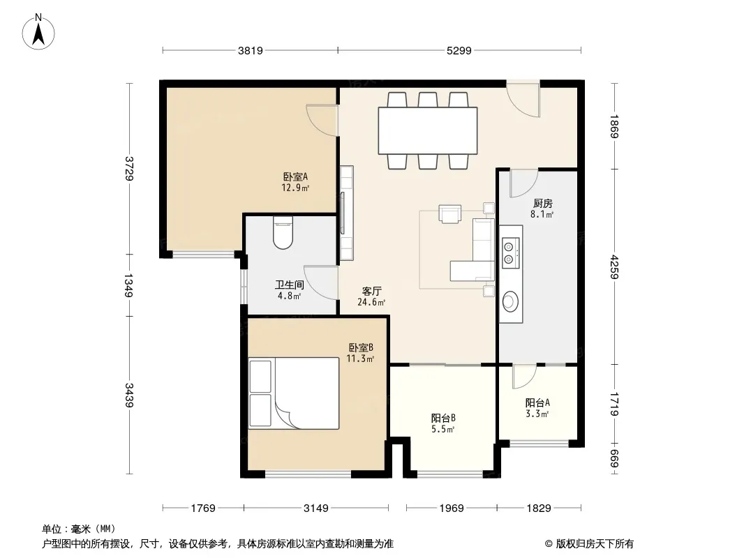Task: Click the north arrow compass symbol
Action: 38,31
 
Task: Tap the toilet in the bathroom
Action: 283,233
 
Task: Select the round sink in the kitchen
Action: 510,301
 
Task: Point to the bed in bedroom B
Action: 294,393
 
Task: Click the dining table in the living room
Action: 428,130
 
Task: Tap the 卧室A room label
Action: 296,177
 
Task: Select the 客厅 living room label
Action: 371,291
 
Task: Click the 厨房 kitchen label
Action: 543,204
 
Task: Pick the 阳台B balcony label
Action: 443,418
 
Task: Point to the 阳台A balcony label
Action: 537,403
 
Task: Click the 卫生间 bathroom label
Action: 290,285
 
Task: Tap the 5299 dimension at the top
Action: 459,51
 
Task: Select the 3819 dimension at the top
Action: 250,51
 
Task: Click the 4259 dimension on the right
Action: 614,267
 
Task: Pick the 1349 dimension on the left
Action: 128,285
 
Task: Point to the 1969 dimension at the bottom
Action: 452,508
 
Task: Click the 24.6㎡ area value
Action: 371,302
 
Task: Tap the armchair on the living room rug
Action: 449,213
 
